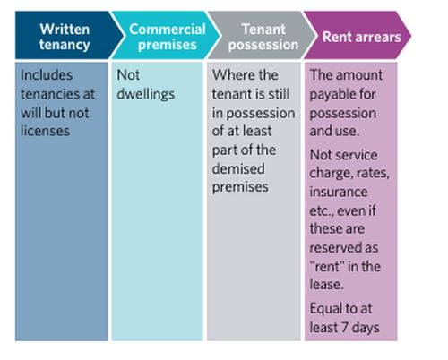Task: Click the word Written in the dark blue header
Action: pyautogui.click(x=65, y=30)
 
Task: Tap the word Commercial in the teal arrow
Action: pyautogui.click(x=168, y=30)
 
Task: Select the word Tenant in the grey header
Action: pyautogui.click(x=263, y=30)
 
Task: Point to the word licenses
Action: pyautogui.click(x=45, y=131)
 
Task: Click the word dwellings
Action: pyautogui.click(x=145, y=94)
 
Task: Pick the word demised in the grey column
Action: pyautogui.click(x=238, y=168)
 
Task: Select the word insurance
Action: pyautogui.click(x=339, y=192)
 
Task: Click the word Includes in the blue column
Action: pyautogui.click(x=47, y=75)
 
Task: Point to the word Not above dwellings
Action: pyautogui.click(x=128, y=75)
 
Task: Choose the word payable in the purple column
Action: pyautogui.click(x=332, y=95)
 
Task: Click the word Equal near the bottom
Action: pyautogui.click(x=324, y=309)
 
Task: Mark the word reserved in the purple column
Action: pyautogui.click(x=337, y=247)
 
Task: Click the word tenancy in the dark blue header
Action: pyautogui.click(x=65, y=45)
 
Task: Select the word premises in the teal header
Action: pyautogui.click(x=168, y=45)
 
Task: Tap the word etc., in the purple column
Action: pyautogui.click(x=322, y=211)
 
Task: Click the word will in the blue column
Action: pyautogui.click(x=31, y=113)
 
